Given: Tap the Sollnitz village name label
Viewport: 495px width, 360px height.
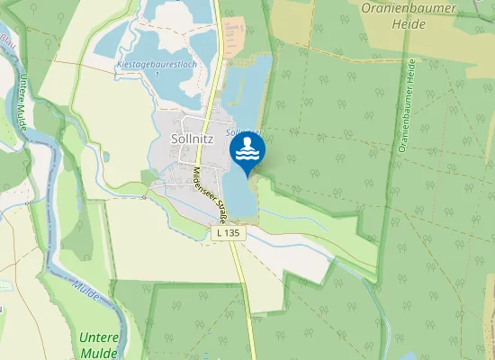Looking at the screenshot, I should coord(192,139).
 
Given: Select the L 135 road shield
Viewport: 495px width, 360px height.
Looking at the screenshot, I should coord(229,232).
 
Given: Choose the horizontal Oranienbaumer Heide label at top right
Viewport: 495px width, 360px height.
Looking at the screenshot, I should coord(408,15).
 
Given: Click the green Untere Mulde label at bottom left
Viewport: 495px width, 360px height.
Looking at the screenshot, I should coord(98,345).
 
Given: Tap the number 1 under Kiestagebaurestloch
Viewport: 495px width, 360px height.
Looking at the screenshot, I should coord(157,75).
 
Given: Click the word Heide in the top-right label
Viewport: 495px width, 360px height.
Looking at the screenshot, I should coord(408,23).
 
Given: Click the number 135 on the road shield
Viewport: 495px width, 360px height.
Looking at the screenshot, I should coord(233,232).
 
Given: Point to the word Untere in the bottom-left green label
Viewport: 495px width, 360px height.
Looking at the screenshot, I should coord(98,337).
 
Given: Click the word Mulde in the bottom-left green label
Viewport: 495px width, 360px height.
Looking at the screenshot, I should coord(98,352).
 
